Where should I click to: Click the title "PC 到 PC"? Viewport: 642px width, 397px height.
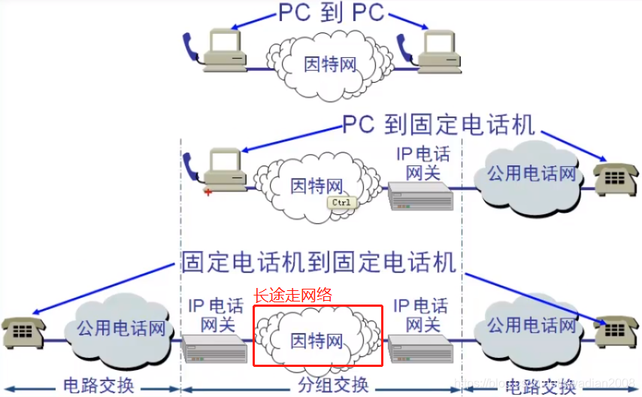coord(331,13)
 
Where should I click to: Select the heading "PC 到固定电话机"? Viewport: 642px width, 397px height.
coord(438,124)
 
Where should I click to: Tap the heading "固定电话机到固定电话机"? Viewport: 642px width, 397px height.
coord(319,262)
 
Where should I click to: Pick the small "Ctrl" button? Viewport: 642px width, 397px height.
coord(341,202)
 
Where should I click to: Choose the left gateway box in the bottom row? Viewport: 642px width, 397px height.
coord(214,348)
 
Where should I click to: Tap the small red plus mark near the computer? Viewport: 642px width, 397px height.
coord(208,192)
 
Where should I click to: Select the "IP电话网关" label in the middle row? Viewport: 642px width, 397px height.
coord(422,164)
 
